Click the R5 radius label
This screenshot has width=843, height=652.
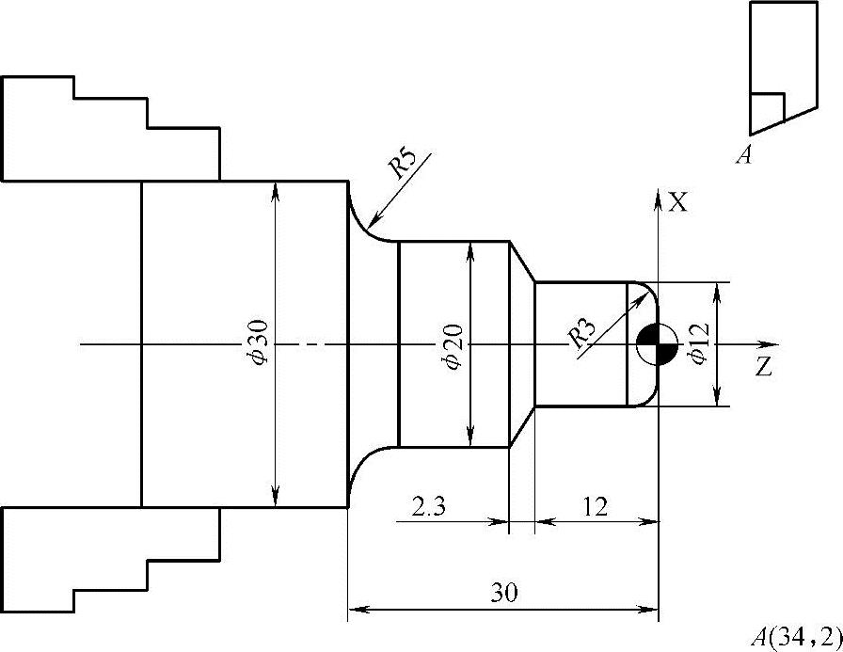click(x=404, y=163)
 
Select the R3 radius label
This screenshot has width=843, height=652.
click(x=581, y=334)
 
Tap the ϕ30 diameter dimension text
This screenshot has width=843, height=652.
click(x=258, y=342)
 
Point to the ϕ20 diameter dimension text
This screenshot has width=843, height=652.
click(x=453, y=346)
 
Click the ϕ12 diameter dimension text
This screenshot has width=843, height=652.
click(x=699, y=343)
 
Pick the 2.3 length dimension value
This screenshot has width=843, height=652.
click(x=428, y=506)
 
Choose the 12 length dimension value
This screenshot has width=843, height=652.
click(x=595, y=506)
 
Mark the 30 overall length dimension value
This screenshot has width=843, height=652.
click(x=503, y=593)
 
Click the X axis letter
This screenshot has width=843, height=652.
click(x=678, y=202)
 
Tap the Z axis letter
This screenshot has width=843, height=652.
click(x=763, y=367)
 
